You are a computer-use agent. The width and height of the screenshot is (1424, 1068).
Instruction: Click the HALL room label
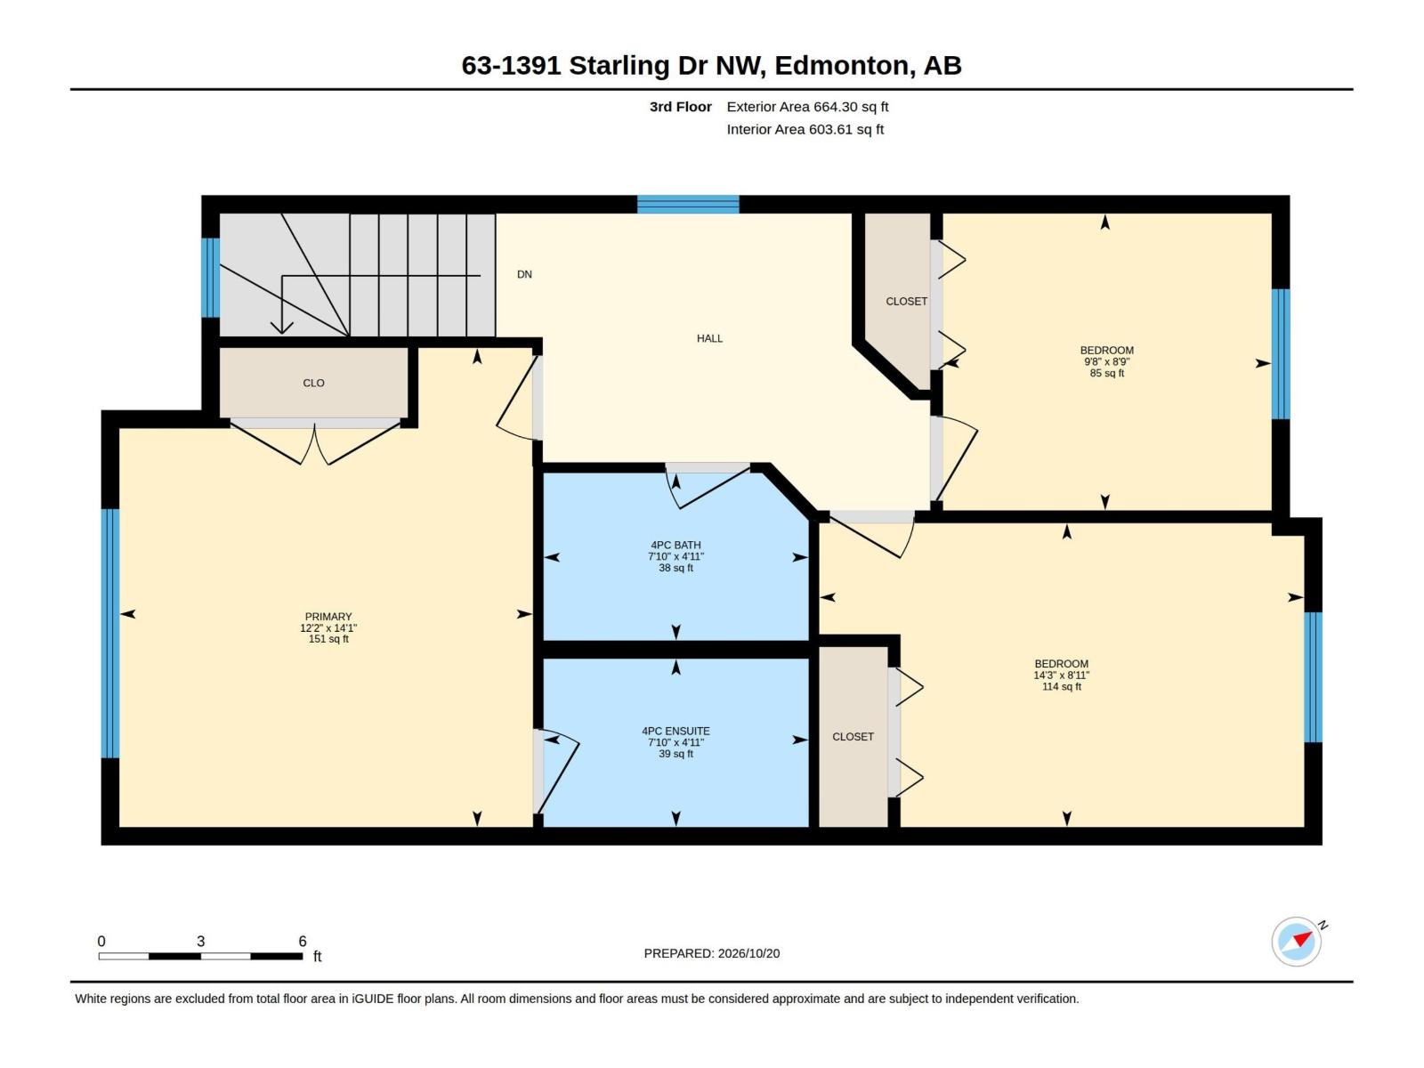[709, 338]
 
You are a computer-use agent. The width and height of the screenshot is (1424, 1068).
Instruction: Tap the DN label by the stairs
[524, 274]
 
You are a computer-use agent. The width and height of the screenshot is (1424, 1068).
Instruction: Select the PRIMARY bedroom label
[328, 617]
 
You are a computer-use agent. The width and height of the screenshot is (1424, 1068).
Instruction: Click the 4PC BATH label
[676, 546]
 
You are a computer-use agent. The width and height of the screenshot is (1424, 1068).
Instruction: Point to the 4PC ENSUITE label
[676, 731]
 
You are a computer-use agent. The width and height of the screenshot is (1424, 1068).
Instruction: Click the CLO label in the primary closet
[313, 384]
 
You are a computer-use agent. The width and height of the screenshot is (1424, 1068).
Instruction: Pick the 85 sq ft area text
[1107, 374]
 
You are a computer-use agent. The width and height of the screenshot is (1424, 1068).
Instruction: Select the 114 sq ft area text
[1062, 687]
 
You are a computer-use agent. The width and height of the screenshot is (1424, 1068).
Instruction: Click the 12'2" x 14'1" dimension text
[328, 627]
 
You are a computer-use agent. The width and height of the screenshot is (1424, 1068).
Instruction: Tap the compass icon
[1296, 941]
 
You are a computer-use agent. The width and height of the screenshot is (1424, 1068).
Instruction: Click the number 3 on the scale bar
[200, 941]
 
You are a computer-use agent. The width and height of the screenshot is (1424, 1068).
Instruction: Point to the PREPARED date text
[712, 953]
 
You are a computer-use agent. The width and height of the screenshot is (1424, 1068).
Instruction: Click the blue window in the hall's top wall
[688, 205]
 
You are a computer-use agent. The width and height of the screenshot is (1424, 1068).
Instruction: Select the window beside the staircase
[210, 278]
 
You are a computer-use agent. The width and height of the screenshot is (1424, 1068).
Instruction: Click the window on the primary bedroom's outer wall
[110, 633]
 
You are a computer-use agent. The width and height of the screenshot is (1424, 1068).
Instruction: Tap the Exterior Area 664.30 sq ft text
[807, 107]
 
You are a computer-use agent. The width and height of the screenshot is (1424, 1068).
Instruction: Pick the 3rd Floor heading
[681, 107]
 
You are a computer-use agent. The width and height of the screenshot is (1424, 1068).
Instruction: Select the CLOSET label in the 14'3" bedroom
[853, 737]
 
